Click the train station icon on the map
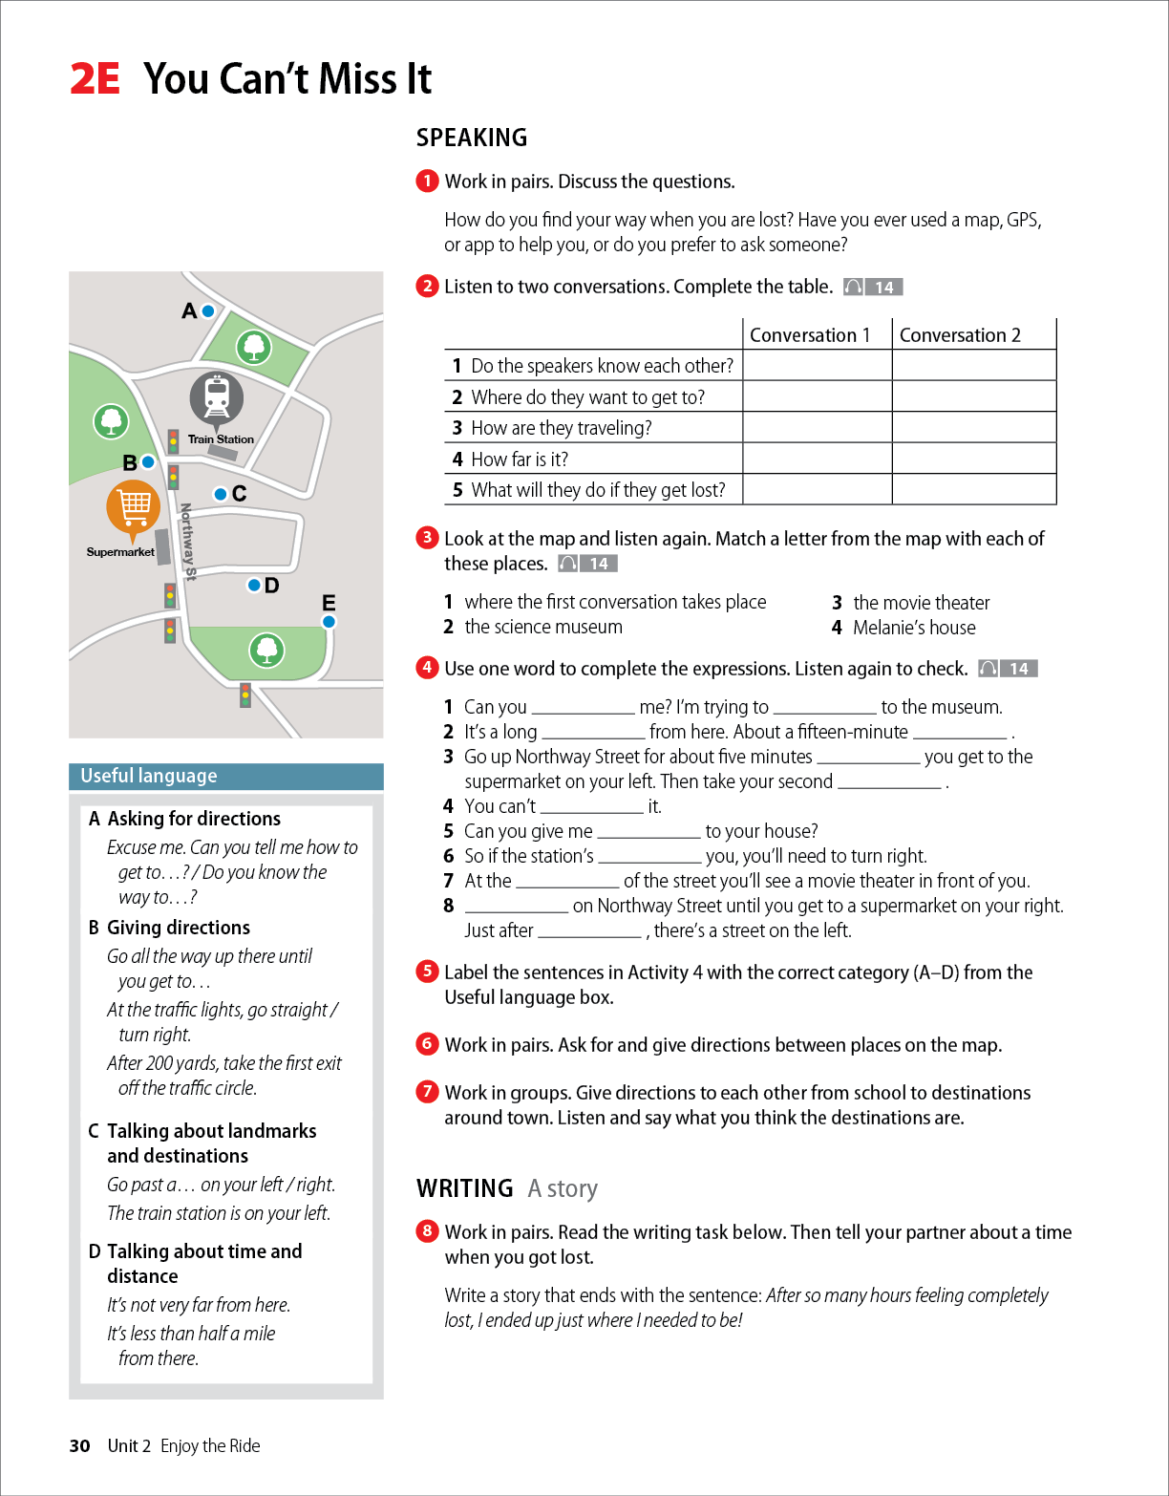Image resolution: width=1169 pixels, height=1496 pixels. [x=218, y=396]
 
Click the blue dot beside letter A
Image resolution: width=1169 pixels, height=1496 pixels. [x=208, y=310]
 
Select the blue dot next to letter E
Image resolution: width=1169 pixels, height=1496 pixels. [x=329, y=622]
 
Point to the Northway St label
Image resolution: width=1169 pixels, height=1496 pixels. [x=188, y=542]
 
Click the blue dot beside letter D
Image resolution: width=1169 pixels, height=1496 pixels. [x=254, y=585]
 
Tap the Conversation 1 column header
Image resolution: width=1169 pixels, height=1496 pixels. [x=810, y=335]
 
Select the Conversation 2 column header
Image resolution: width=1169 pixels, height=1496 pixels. [x=960, y=335]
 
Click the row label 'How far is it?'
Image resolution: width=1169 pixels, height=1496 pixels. [x=520, y=459]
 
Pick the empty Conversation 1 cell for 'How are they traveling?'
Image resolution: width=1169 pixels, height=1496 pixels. [x=817, y=428]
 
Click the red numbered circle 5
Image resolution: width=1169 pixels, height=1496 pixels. [x=427, y=972]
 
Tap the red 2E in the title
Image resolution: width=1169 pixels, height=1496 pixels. [x=95, y=79]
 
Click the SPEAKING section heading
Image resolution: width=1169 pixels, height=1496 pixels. [x=472, y=138]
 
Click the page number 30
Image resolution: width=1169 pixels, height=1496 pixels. [x=79, y=1446]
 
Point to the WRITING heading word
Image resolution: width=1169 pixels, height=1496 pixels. [x=465, y=1188]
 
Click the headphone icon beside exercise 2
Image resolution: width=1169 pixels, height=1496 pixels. [x=854, y=288]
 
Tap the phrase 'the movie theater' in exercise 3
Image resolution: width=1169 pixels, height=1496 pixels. [x=921, y=603]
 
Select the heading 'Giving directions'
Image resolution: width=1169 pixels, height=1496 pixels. [x=179, y=928]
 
